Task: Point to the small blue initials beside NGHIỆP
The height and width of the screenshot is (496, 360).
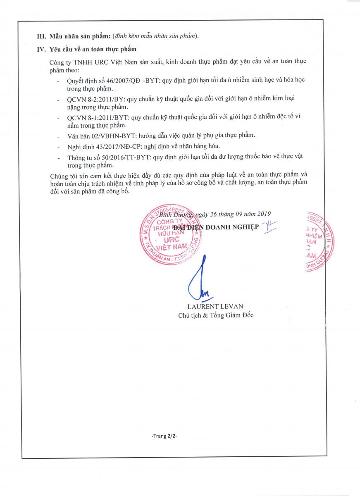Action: tap(270, 227)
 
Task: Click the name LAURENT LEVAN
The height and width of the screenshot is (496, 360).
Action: tap(215, 306)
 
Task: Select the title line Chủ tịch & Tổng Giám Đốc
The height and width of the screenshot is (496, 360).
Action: tap(215, 315)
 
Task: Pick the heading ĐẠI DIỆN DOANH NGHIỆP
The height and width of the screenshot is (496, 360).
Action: tap(216, 227)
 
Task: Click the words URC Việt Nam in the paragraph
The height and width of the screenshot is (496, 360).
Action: tap(112, 61)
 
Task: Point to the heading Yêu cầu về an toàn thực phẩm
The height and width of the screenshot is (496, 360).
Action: tap(93, 50)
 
